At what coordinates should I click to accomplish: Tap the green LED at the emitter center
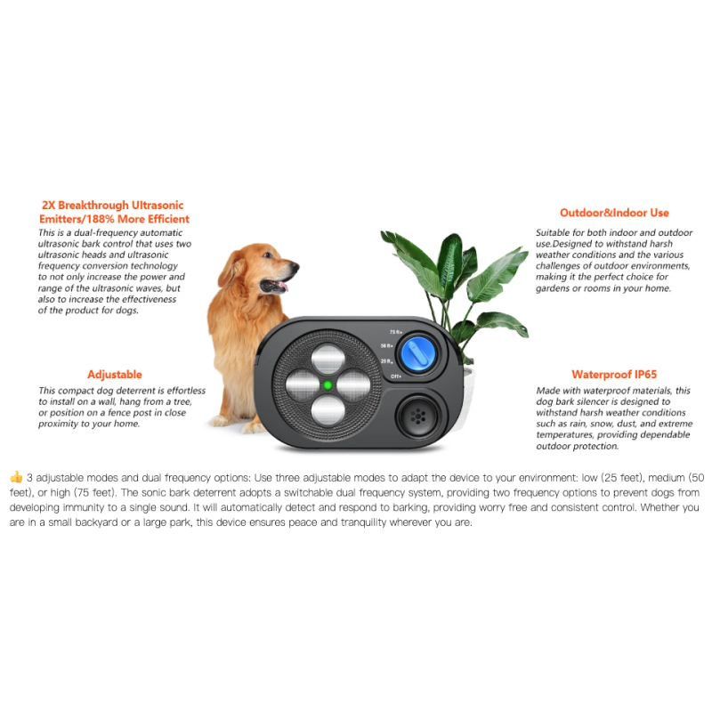[328, 385]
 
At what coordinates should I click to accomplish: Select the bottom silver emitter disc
[328, 411]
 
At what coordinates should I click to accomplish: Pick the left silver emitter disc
[300, 385]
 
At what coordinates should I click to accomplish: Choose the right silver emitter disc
[355, 385]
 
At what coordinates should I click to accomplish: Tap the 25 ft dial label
[385, 361]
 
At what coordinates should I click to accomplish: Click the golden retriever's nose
[295, 265]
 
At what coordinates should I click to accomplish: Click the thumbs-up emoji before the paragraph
[16, 477]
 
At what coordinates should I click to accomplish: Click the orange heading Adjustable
[114, 375]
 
